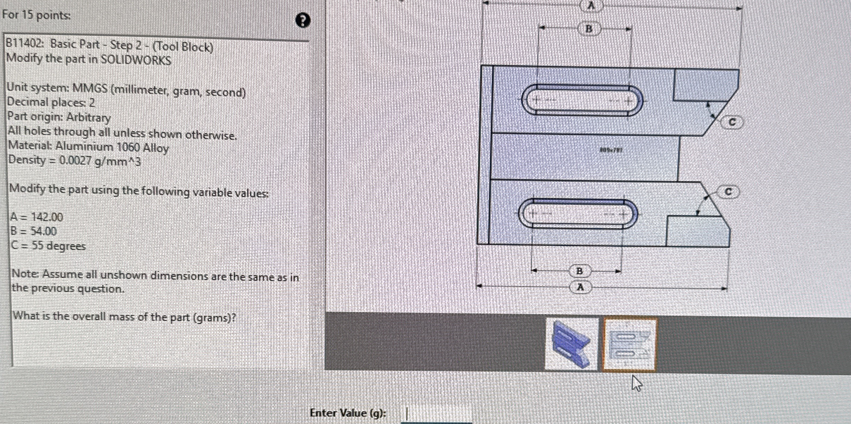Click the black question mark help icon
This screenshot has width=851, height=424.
pos(303,20)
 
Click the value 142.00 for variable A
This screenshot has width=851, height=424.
pos(47,217)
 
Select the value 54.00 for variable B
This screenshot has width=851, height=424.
pos(43,231)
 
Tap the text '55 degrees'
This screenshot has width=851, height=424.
pos(58,246)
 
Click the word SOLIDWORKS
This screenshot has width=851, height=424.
pos(136,60)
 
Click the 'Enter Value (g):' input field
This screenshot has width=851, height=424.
pos(436,414)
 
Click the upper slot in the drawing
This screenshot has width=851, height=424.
pos(582,101)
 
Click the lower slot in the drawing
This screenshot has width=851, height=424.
pos(578,214)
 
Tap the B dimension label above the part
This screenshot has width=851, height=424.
pos(589,29)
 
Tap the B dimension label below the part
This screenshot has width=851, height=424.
pos(579,271)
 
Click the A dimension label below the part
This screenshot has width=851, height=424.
pos(580,287)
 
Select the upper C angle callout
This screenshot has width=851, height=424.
pos(732,122)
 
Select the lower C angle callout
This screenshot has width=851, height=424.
pos(728,192)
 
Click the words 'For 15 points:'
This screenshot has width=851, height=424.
pos(36,15)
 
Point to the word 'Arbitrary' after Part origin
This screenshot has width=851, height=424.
pos(88,117)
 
